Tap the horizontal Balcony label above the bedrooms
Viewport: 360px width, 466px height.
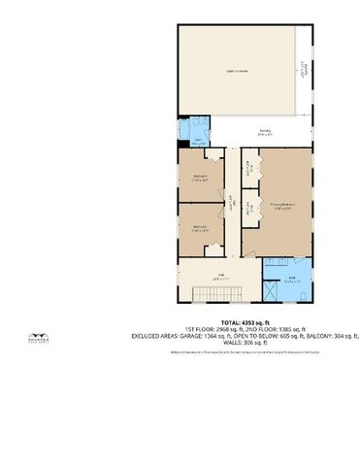point(264,133)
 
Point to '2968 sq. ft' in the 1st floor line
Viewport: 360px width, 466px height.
point(238,329)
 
